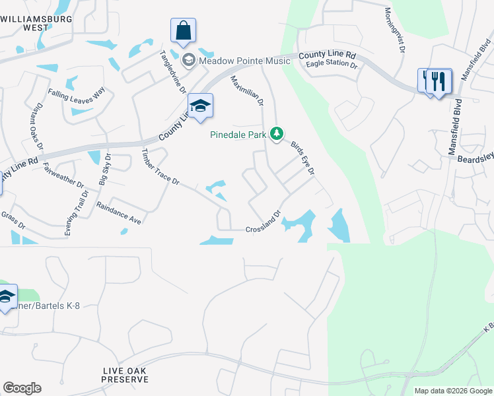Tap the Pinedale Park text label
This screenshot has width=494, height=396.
coord(238,135)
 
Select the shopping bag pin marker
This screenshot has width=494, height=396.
coord(183,30)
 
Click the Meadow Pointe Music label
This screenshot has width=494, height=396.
coord(245,61)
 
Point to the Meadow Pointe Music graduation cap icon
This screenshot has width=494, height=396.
coord(188,61)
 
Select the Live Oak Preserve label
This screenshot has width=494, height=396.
coord(125,375)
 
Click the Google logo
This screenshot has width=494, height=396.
coord(22,388)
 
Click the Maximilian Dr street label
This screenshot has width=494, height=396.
coord(247,91)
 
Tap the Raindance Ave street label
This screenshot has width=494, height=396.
coord(120,213)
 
